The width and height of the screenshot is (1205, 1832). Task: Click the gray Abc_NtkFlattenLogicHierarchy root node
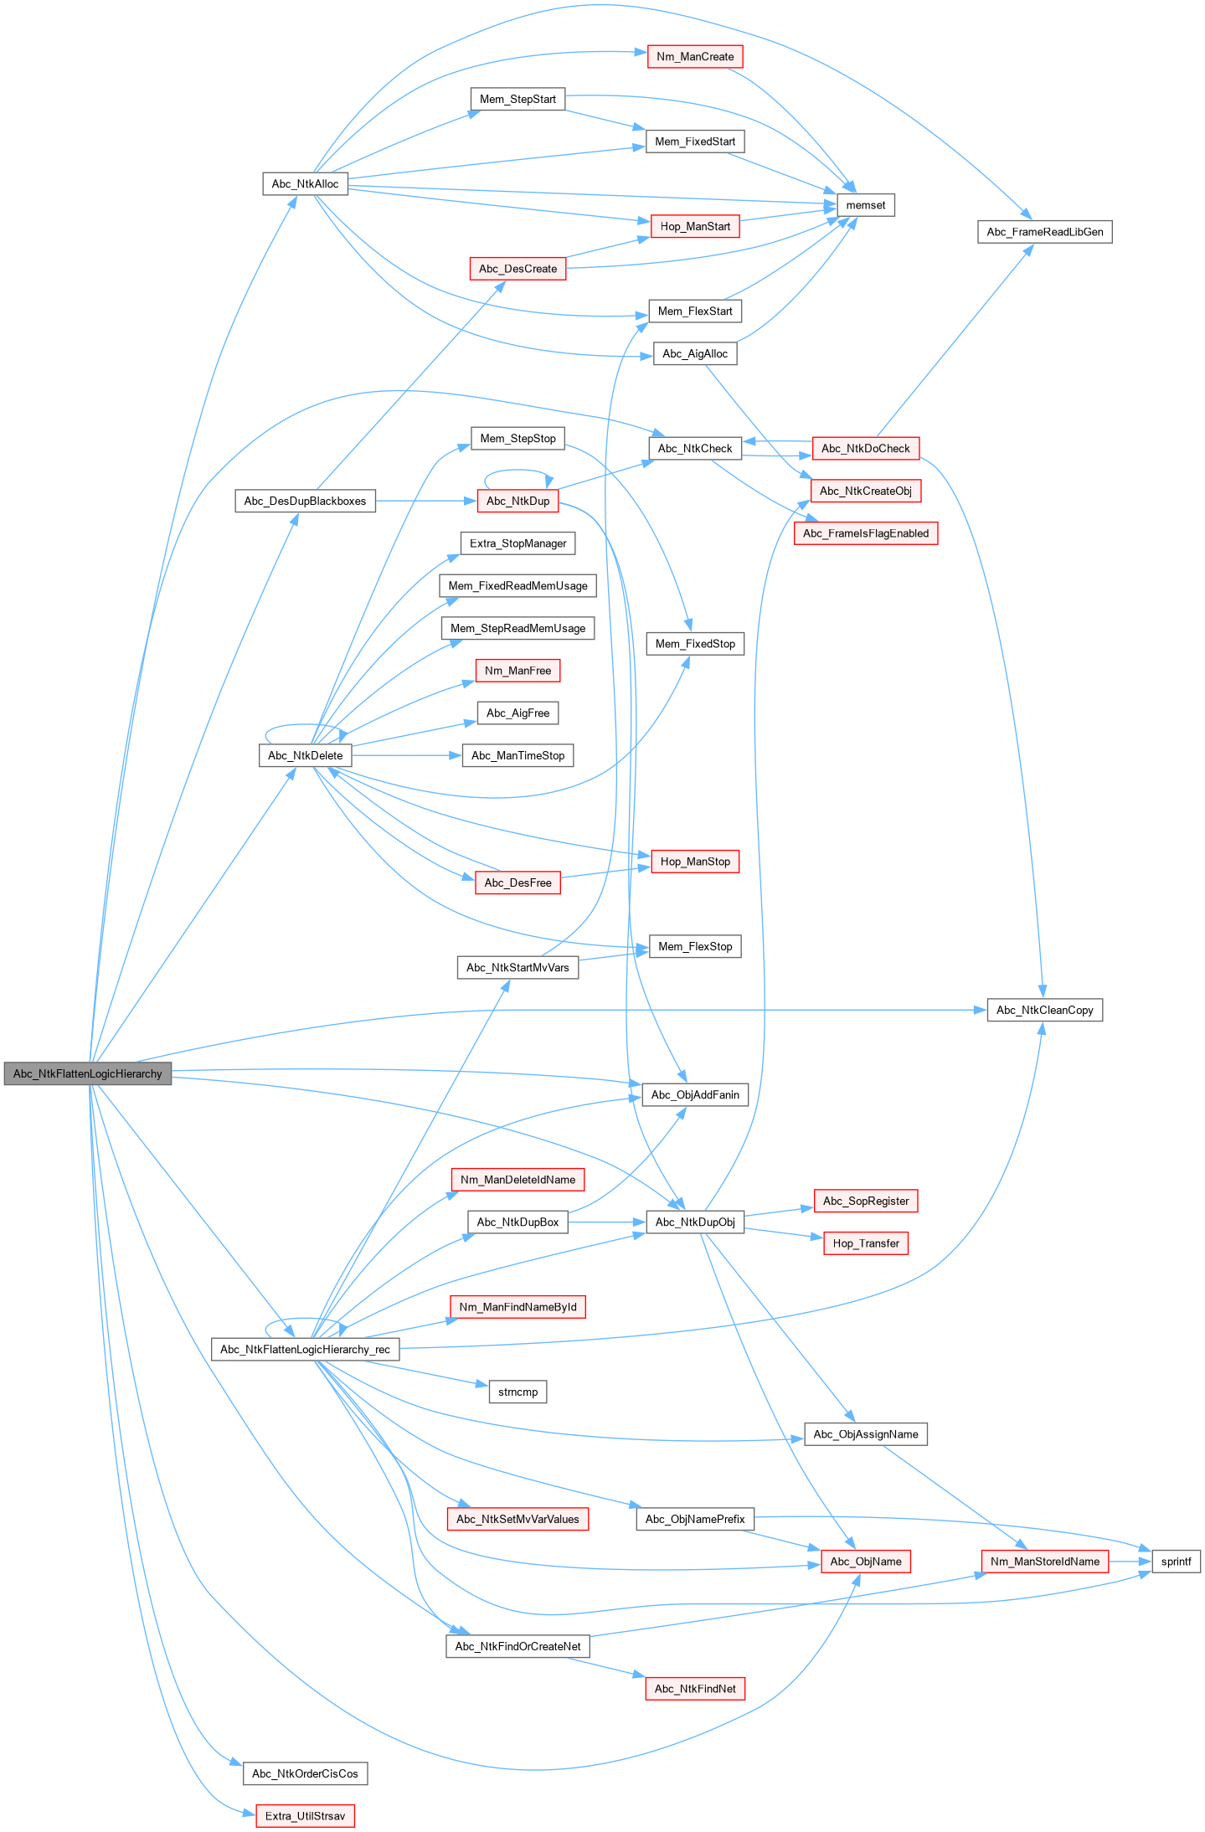point(88,1073)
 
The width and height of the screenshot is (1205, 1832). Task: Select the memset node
point(866,205)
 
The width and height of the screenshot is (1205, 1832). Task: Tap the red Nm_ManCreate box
point(695,57)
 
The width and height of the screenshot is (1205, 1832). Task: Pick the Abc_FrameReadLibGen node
point(1045,232)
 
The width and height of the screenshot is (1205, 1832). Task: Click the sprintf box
point(1177,1562)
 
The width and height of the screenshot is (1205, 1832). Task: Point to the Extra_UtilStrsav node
point(306,1816)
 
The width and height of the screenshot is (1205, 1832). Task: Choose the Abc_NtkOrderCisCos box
point(305,1773)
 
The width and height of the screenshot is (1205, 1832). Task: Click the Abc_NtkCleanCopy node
point(1045,1010)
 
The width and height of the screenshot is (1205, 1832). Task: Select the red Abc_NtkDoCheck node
point(866,449)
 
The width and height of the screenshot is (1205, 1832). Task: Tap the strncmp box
point(518,1392)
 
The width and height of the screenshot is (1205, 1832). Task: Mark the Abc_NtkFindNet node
point(695,1689)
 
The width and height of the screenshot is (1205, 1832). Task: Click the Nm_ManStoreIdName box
point(1045,1562)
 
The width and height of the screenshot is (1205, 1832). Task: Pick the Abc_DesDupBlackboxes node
point(305,502)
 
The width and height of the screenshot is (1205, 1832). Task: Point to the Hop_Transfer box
point(866,1243)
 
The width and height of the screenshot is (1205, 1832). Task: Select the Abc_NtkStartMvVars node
point(518,968)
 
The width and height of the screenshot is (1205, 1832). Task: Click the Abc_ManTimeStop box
point(518,756)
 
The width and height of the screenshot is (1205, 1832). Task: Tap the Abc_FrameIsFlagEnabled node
point(866,533)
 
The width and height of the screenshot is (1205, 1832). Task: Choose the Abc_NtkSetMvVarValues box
point(518,1519)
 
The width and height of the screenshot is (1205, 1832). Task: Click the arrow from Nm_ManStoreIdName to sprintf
point(1130,1562)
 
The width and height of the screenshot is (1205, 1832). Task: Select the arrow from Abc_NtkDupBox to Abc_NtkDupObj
point(607,1222)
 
